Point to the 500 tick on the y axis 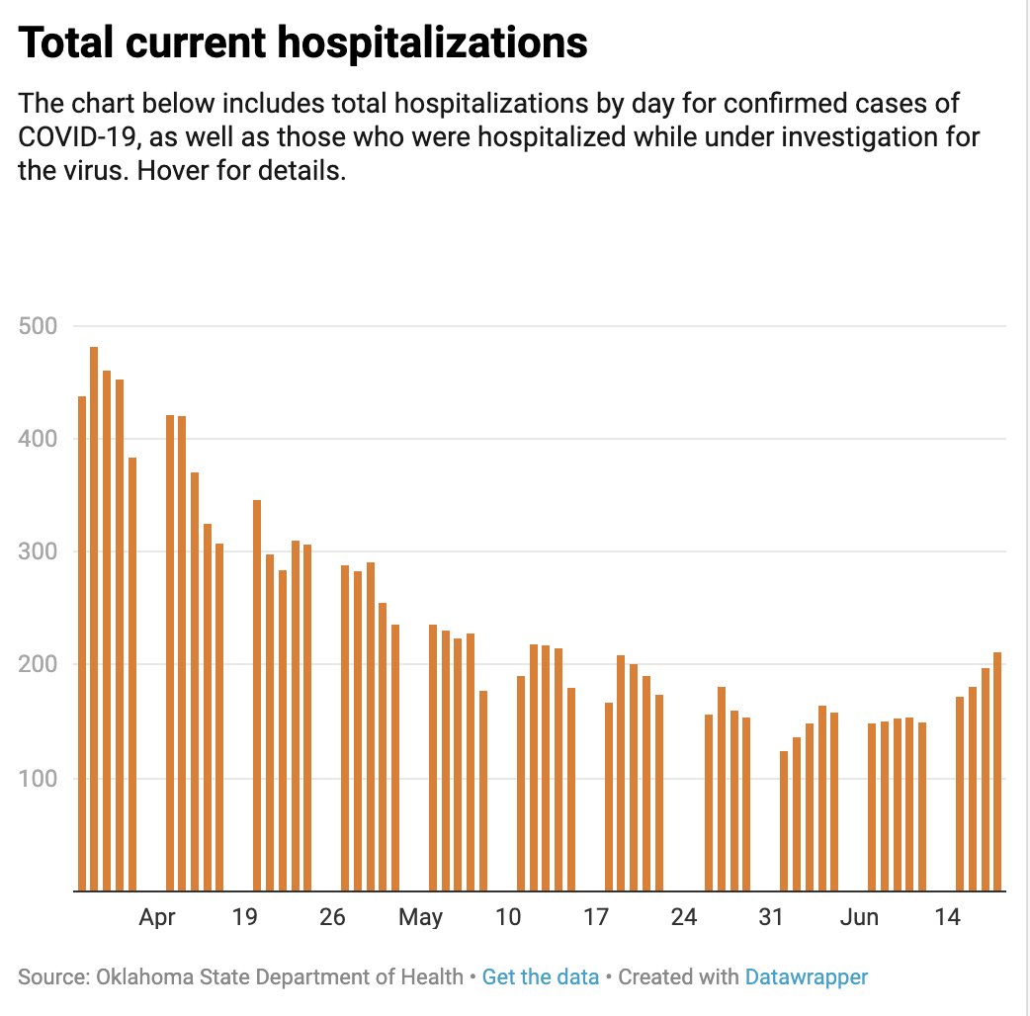(39, 325)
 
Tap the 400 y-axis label (39, 438)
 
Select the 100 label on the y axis (39, 779)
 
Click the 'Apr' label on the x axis (157, 918)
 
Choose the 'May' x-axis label (421, 918)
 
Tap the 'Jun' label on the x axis (859, 918)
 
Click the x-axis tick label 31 (771, 918)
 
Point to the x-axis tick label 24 (684, 918)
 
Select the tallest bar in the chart (94, 619)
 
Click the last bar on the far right (997, 771)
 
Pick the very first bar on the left (82, 642)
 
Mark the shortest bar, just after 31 (784, 820)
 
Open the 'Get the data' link (541, 977)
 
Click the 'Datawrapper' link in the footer (807, 977)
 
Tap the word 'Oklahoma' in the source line (137, 977)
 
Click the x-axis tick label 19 (245, 918)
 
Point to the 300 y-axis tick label (39, 551)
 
